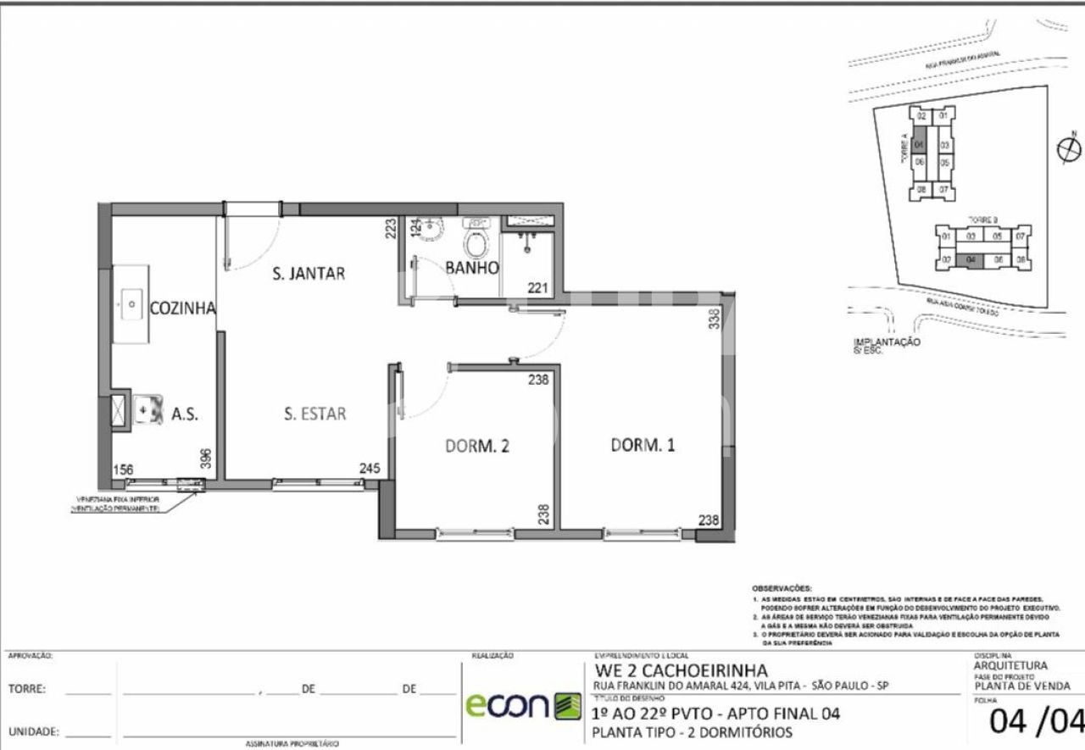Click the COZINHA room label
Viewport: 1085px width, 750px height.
click(x=182, y=308)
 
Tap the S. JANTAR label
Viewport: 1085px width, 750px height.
click(x=308, y=273)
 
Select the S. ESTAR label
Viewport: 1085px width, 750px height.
click(x=314, y=414)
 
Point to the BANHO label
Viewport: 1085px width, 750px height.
click(x=471, y=268)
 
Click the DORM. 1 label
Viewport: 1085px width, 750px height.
click(x=643, y=445)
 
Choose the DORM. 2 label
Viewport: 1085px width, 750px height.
click(x=476, y=446)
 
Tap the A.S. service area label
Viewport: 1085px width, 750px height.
click(x=185, y=414)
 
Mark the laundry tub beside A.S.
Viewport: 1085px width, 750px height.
click(x=147, y=408)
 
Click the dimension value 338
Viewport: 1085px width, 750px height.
click(x=714, y=319)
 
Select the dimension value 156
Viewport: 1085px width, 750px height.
click(x=124, y=469)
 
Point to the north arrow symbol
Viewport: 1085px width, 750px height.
click(x=1070, y=148)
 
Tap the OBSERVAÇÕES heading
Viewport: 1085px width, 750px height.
click(x=781, y=587)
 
